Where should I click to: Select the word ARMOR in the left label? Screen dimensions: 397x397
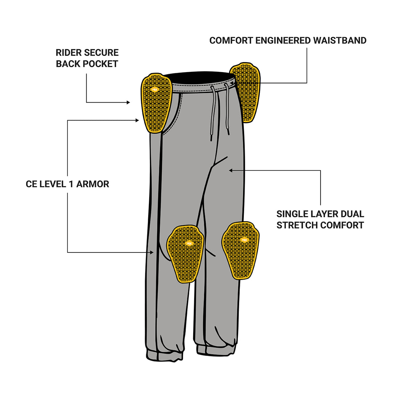click(93, 184)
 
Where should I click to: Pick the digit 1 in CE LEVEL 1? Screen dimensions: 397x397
click(71, 184)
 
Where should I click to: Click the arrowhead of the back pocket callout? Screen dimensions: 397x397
click(128, 103)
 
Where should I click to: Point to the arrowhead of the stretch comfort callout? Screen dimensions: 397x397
click(231, 170)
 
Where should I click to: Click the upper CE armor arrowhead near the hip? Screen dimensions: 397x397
click(137, 120)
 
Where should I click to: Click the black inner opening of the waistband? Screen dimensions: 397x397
click(198, 78)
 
